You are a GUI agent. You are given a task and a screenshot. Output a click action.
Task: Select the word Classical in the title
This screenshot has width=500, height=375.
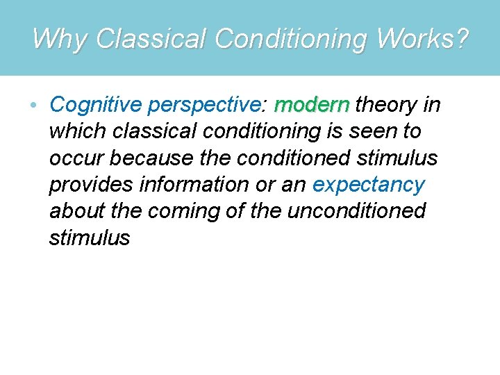pos(151,39)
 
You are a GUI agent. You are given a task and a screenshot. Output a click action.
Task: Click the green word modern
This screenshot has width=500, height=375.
pos(312,105)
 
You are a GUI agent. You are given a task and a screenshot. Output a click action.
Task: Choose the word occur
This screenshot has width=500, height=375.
pos(76,158)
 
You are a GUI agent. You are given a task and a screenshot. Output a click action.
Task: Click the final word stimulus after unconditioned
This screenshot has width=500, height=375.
pos(90,237)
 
